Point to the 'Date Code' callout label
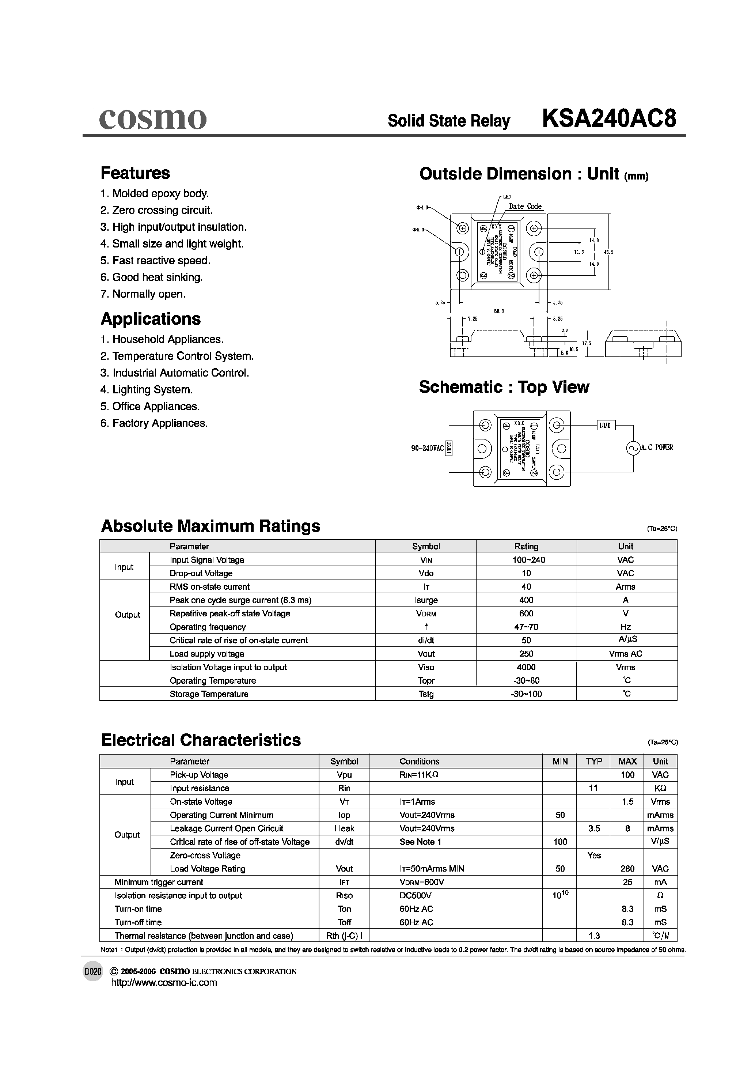pos(525,206)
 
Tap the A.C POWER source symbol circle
pos(633,448)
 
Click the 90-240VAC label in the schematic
pos(427,448)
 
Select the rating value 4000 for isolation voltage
pos(526,667)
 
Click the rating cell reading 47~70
pos(526,627)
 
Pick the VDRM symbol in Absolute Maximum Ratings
pos(426,613)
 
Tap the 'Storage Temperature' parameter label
pos(209,694)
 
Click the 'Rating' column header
pos(526,546)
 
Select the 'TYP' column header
pos(594,761)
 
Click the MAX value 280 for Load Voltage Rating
pos(627,868)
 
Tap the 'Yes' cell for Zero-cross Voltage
pos(594,855)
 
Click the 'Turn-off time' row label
pos(138,922)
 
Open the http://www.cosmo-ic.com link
pos(164,983)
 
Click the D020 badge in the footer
pos(92,972)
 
